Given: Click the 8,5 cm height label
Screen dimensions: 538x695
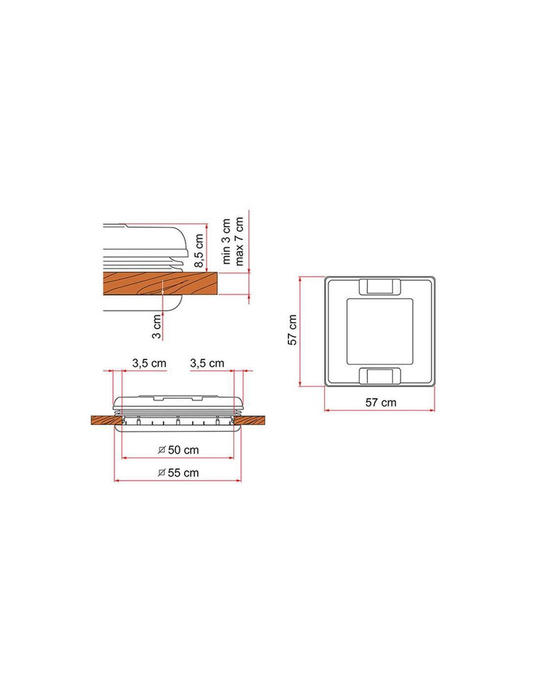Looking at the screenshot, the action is pos(199,250).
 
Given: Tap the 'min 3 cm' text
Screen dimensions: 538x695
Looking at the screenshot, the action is pos(226,241).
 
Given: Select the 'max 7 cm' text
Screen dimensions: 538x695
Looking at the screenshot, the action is pos(239,241).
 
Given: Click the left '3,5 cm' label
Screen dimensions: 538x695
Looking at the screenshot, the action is pos(150,363).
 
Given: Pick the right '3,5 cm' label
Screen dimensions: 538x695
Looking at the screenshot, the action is pos(207,363).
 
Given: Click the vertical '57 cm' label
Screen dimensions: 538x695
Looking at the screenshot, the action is pos(292,330).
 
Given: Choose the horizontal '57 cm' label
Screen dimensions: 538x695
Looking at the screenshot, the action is pos(381,402).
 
